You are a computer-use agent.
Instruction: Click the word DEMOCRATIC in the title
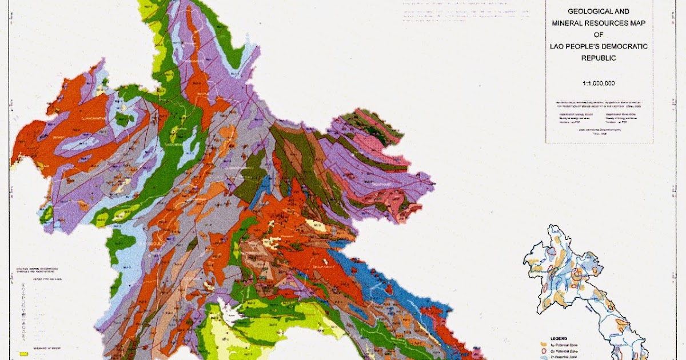[625, 46]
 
